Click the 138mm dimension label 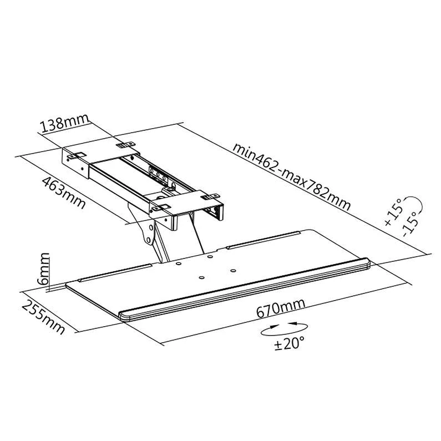65,123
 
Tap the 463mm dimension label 64,192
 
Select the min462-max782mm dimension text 292,176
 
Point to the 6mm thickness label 43,269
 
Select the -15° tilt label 410,224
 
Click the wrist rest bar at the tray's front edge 244,289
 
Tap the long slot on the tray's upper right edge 263,240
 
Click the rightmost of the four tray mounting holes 233,271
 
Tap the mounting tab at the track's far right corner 210,196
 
